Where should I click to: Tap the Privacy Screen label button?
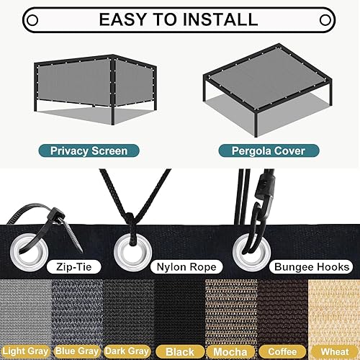[89, 151]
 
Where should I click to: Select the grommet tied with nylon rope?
[131, 250]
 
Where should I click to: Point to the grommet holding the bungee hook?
[248, 251]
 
